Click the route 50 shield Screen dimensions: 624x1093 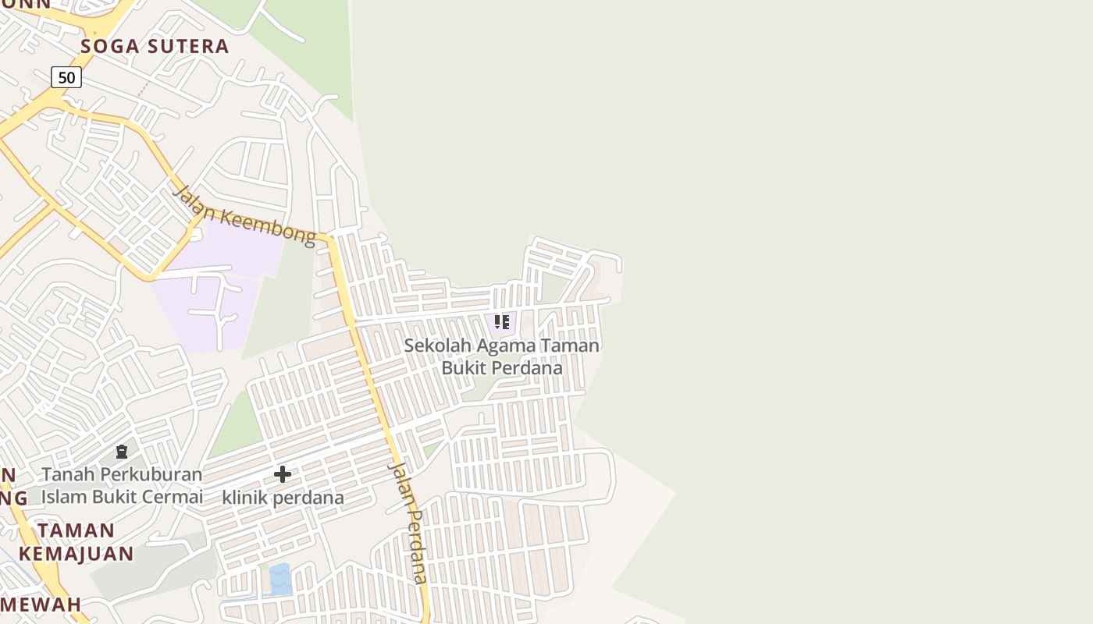(66, 77)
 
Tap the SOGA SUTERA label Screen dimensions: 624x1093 (155, 46)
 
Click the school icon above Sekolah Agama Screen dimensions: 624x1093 (502, 321)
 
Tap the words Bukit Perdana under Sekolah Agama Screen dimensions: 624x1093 (502, 368)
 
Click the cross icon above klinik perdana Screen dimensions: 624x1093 (283, 473)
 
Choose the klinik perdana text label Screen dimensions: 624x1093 (283, 498)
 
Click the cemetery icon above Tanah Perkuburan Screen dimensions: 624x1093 (122, 452)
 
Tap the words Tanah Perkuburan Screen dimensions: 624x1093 (122, 474)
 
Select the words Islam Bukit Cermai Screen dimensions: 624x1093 (122, 497)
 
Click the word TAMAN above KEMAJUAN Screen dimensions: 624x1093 (77, 530)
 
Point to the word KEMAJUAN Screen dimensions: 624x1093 (77, 554)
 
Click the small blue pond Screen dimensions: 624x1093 (279, 579)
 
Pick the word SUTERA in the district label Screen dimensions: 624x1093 (187, 46)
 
